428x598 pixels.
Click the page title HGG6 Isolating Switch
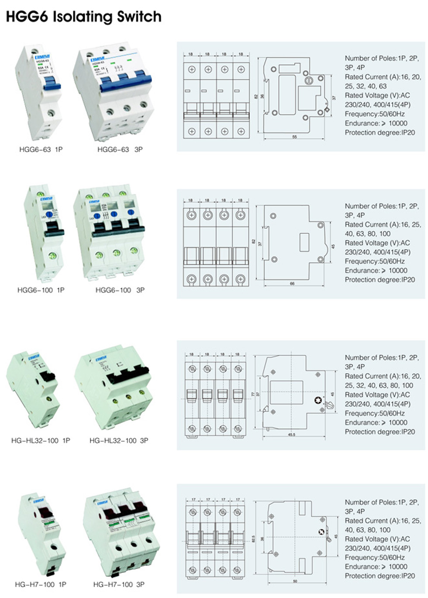click(x=83, y=17)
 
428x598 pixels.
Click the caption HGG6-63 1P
click(x=41, y=149)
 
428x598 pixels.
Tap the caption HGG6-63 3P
click(x=120, y=149)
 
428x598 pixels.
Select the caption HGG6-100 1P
click(x=41, y=290)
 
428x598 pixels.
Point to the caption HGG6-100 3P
click(x=120, y=290)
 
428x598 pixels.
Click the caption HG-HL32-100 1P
click(x=41, y=441)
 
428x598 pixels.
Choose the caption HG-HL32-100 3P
click(x=119, y=441)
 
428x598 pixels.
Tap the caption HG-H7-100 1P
click(x=41, y=584)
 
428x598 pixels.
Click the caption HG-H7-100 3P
click(x=119, y=584)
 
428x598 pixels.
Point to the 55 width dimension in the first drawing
click(x=294, y=137)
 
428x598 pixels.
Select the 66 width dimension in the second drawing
click(x=292, y=284)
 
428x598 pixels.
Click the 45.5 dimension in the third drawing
click(x=291, y=435)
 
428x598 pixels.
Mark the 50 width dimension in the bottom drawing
click(x=295, y=581)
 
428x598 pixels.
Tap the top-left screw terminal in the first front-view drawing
click(x=191, y=70)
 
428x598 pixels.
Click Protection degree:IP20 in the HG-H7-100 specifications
click(x=380, y=576)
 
